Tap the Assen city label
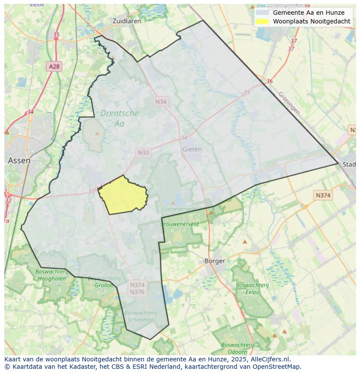(x=19, y=160)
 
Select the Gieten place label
(x=192, y=149)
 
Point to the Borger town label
(x=215, y=261)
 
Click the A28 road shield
(x=54, y=66)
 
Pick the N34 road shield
(x=161, y=101)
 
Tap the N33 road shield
(x=143, y=152)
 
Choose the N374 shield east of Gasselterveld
(x=323, y=195)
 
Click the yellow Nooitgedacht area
(x=123, y=195)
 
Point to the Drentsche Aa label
(x=119, y=118)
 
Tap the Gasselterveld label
(x=178, y=209)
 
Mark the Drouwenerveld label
(x=180, y=224)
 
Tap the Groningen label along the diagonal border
(x=289, y=103)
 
